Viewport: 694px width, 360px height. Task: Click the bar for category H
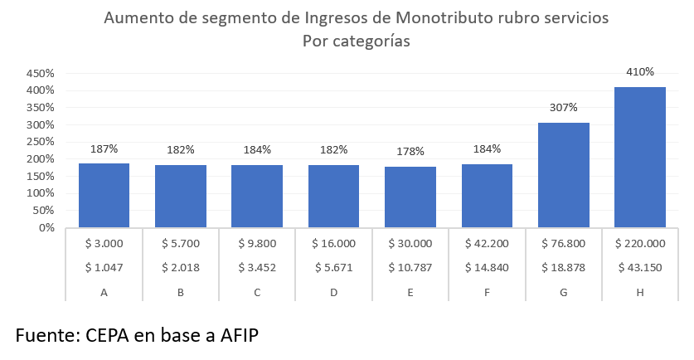pos(640,157)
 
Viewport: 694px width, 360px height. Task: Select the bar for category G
pos(563,175)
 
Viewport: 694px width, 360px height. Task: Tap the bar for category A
pos(104,195)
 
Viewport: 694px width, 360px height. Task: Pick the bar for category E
pos(410,197)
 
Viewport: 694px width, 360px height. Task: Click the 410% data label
pos(640,72)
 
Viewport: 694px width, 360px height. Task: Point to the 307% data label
pos(563,107)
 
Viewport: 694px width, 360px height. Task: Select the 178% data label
pos(410,151)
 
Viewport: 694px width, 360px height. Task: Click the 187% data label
pos(104,148)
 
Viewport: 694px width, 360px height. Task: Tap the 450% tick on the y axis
pos(40,73)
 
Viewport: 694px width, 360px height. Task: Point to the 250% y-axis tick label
pos(40,142)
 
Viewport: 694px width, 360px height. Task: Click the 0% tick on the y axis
pos(46,227)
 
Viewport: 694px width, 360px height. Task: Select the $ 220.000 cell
pos(640,243)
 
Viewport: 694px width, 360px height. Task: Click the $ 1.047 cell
pos(104,267)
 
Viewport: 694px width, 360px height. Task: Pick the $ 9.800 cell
pos(257,243)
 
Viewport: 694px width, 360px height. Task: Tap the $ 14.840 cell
pos(487,267)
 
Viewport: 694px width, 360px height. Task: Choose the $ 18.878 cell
pos(563,267)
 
